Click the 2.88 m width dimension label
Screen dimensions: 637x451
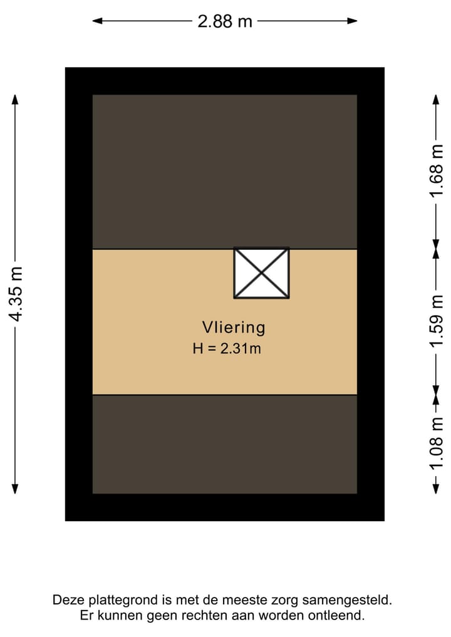click(x=225, y=21)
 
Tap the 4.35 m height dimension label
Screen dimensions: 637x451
click(x=16, y=294)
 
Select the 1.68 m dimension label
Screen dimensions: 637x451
click(x=437, y=170)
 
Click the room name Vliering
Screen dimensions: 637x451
click(x=234, y=327)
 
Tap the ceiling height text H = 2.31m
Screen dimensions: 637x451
click(x=227, y=349)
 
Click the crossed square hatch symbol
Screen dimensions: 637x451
click(x=261, y=273)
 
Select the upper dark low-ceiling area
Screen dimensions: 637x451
click(x=225, y=172)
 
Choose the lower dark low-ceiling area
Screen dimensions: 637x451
click(x=225, y=444)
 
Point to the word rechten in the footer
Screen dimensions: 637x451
click(x=199, y=616)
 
